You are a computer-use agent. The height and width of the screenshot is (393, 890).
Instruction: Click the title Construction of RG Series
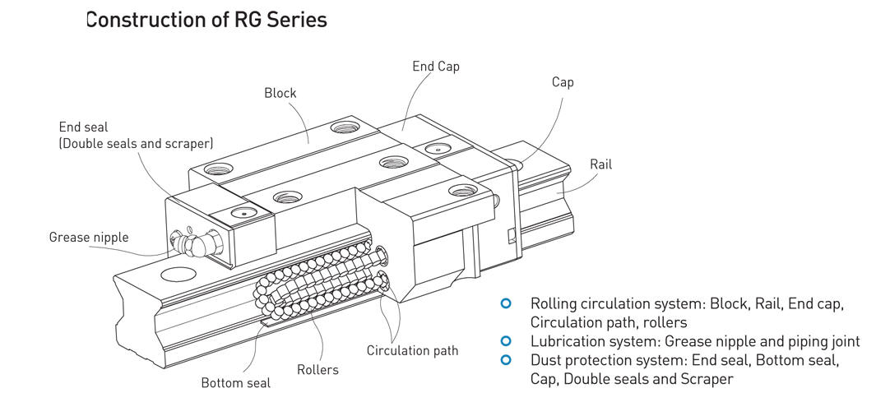(206, 20)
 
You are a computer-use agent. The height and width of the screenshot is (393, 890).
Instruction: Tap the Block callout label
(280, 93)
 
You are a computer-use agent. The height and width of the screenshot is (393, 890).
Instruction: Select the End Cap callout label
(435, 67)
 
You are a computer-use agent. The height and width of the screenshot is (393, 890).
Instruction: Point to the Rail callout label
(600, 164)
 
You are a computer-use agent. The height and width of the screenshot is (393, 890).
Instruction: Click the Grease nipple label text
(89, 238)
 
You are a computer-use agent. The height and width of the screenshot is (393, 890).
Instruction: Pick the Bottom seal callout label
(235, 383)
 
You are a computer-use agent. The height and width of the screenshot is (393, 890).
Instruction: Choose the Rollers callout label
(318, 369)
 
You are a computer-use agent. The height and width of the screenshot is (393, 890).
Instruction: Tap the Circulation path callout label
(412, 351)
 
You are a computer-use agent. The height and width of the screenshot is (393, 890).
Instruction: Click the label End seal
(83, 127)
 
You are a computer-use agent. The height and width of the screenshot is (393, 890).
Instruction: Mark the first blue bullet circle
(506, 304)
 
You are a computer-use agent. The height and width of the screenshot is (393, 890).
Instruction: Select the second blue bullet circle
(506, 340)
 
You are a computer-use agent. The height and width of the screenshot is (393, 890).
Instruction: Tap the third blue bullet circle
(506, 359)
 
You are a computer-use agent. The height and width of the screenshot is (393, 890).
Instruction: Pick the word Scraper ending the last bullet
(707, 379)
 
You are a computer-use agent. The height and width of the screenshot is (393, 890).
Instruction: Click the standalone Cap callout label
(563, 82)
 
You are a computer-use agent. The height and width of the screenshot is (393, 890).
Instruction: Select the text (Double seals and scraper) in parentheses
(136, 143)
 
